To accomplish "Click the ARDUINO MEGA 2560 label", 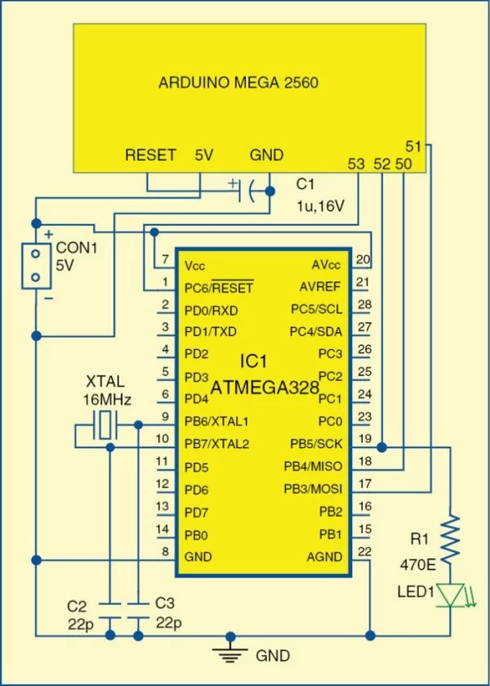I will [x=238, y=83].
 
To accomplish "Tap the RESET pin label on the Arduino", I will [x=150, y=155].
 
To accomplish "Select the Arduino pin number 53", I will [x=356, y=164].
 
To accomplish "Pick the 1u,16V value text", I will [x=319, y=208].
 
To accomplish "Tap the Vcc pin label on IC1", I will [x=196, y=266].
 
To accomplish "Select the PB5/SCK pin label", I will [x=318, y=444].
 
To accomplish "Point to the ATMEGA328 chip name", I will [x=265, y=388].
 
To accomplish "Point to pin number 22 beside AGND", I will [x=365, y=551].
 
